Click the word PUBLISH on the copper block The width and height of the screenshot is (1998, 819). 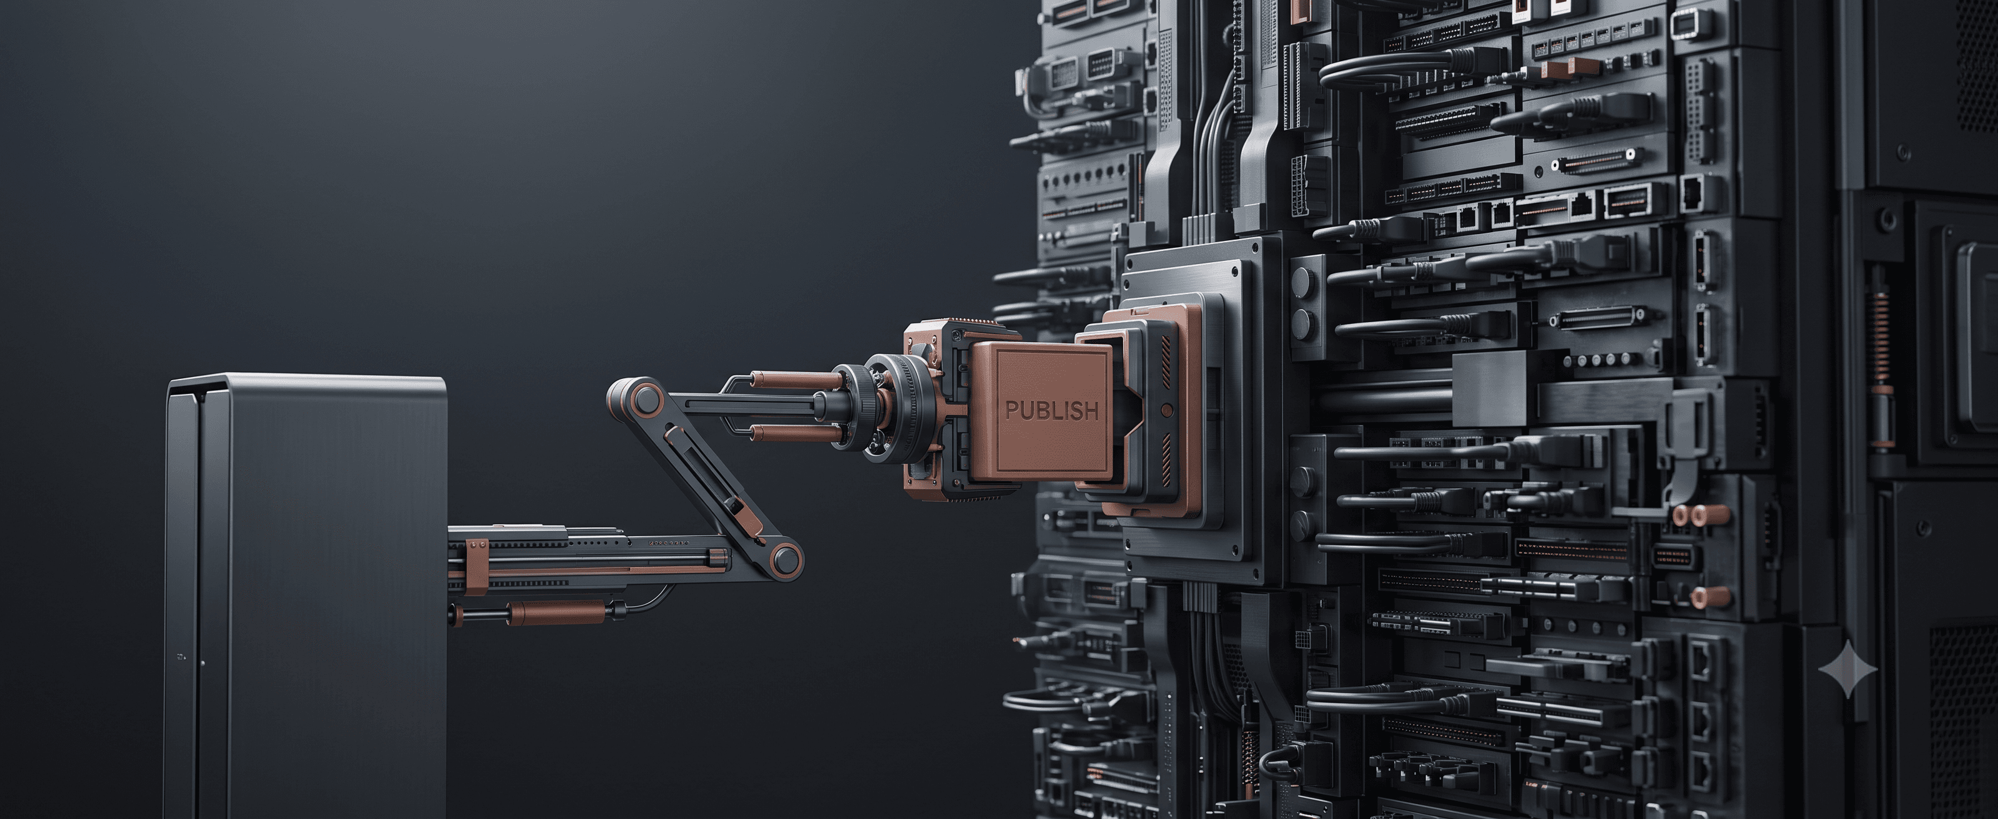click(x=1051, y=410)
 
